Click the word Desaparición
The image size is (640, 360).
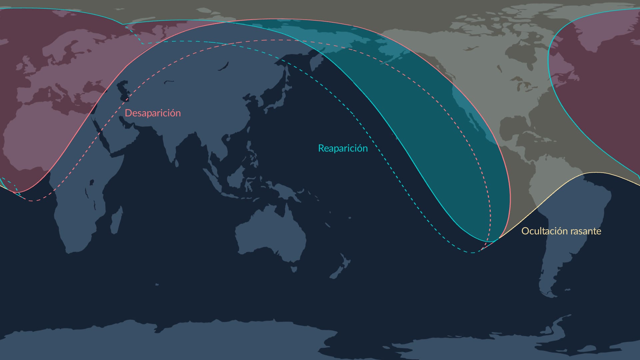[153, 113]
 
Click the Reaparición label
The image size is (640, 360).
[343, 148]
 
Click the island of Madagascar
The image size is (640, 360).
[116, 220]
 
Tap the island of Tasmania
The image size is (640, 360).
[294, 268]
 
